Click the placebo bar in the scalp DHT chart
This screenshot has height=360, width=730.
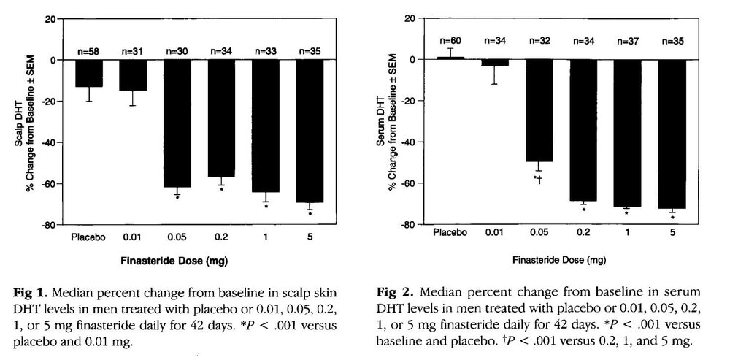click(88, 73)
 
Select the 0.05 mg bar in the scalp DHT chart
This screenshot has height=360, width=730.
click(177, 125)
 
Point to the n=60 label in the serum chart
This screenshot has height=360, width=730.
click(450, 39)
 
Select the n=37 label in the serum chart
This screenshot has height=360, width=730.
click(627, 39)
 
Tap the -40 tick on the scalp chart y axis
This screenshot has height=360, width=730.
click(49, 142)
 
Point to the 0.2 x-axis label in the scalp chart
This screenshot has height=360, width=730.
click(220, 237)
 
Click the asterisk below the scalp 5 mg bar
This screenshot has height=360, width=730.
click(310, 214)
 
